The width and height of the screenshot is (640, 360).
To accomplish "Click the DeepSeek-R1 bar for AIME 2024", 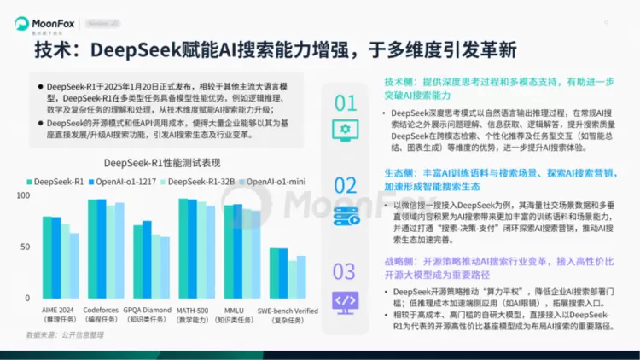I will click(x=47, y=254).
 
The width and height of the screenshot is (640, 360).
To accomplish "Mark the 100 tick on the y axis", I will click(x=23, y=196).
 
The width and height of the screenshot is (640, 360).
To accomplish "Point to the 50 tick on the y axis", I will click(x=26, y=247).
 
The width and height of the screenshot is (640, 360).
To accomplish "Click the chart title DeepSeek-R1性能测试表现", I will click(x=162, y=163).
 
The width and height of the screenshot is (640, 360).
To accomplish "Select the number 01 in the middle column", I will click(x=345, y=103).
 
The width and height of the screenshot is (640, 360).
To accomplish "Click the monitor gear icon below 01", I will click(x=345, y=131).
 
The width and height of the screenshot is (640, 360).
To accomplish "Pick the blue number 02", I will click(x=345, y=185).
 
